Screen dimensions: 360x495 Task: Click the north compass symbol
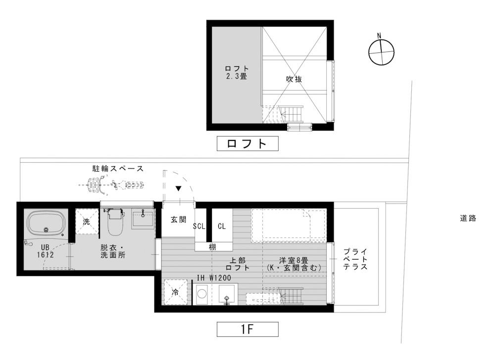click(382, 51)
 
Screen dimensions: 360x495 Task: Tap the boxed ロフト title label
click(247, 144)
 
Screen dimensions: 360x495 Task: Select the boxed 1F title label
click(247, 328)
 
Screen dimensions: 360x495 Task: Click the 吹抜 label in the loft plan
click(294, 79)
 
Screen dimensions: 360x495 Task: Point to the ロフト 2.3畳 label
click(237, 73)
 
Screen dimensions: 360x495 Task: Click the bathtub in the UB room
click(46, 224)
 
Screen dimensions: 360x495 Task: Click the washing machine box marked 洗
click(87, 222)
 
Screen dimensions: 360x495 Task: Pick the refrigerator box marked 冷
click(175, 292)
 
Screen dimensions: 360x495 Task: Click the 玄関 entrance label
click(178, 220)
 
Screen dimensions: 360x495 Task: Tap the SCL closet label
click(199, 226)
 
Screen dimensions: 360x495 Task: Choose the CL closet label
click(222, 226)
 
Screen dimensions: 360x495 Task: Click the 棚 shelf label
click(212, 246)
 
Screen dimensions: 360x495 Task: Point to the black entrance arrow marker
click(178, 188)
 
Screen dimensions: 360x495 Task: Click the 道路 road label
click(468, 218)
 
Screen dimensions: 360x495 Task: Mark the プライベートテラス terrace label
click(354, 259)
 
